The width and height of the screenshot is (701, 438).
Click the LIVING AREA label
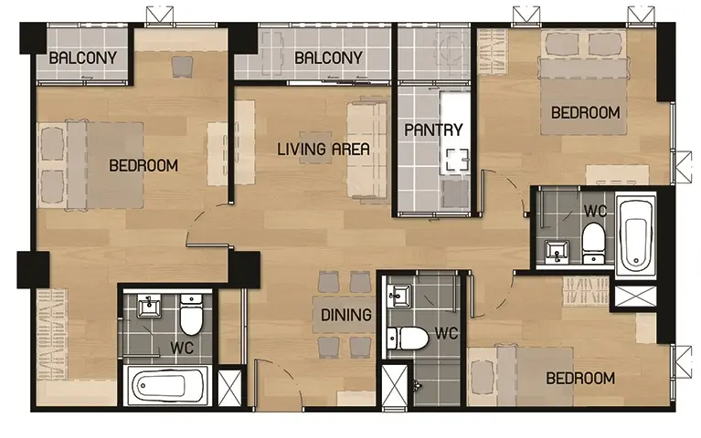pyautogui.click(x=324, y=149)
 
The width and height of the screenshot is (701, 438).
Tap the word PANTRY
pyautogui.click(x=433, y=130)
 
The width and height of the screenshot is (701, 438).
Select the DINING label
pyautogui.click(x=346, y=315)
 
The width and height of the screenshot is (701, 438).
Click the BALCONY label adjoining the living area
pyautogui.click(x=328, y=57)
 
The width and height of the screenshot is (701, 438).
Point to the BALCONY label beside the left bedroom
pyautogui.click(x=82, y=57)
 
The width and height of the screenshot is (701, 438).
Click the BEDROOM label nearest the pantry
pyautogui.click(x=585, y=112)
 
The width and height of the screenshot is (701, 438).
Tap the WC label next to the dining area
pyautogui.click(x=446, y=333)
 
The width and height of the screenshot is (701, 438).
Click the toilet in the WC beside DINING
pyautogui.click(x=408, y=338)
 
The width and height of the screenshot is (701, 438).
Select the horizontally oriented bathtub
pyautogui.click(x=165, y=384)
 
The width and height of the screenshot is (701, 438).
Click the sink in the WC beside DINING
pyautogui.click(x=399, y=296)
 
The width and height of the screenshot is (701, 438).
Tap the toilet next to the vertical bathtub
pyautogui.click(x=593, y=244)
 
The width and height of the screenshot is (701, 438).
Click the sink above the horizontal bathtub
pyautogui.click(x=149, y=306)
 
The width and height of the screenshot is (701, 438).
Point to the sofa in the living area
pyautogui.click(x=367, y=151)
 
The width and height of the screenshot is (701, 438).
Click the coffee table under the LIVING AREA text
pyautogui.click(x=315, y=148)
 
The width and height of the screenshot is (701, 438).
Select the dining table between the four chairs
pyautogui.click(x=344, y=315)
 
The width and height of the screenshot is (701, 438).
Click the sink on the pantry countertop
pyautogui.click(x=457, y=160)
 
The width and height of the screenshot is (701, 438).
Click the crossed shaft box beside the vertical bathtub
pyautogui.click(x=636, y=296)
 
